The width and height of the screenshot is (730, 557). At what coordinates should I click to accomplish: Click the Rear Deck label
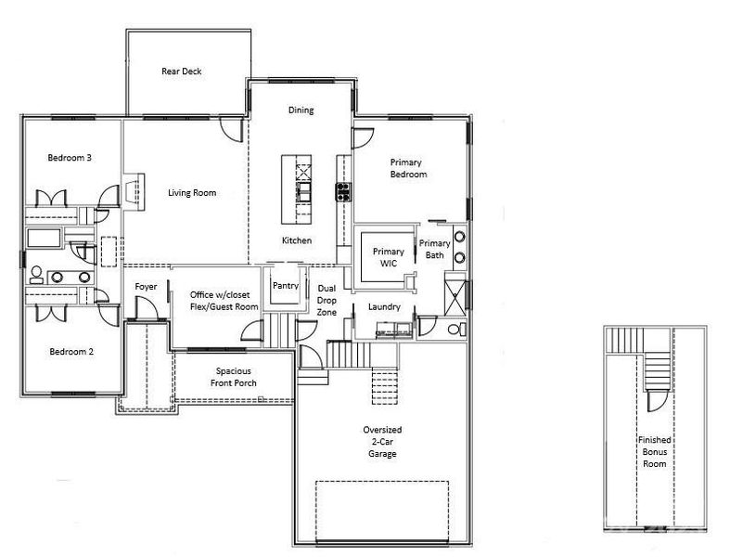pyautogui.click(x=181, y=71)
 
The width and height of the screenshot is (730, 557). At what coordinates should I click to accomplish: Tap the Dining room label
pyautogui.click(x=301, y=110)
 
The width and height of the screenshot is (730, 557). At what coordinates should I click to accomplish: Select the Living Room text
pyautogui.click(x=192, y=193)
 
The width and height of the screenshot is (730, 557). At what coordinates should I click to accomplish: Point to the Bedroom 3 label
pyautogui.click(x=70, y=158)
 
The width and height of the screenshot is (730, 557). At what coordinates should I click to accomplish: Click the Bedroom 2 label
pyautogui.click(x=70, y=352)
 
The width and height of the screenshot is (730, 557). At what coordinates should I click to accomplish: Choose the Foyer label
pyautogui.click(x=147, y=287)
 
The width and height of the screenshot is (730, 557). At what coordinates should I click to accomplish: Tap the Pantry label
pyautogui.click(x=285, y=286)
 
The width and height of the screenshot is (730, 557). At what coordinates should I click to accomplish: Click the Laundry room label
pyautogui.click(x=383, y=305)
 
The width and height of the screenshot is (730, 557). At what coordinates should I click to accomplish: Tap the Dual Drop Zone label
pyautogui.click(x=327, y=301)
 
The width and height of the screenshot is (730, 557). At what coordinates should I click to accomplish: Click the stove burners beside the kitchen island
pyautogui.click(x=343, y=192)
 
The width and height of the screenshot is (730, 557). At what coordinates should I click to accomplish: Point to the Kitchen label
pyautogui.click(x=297, y=240)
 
